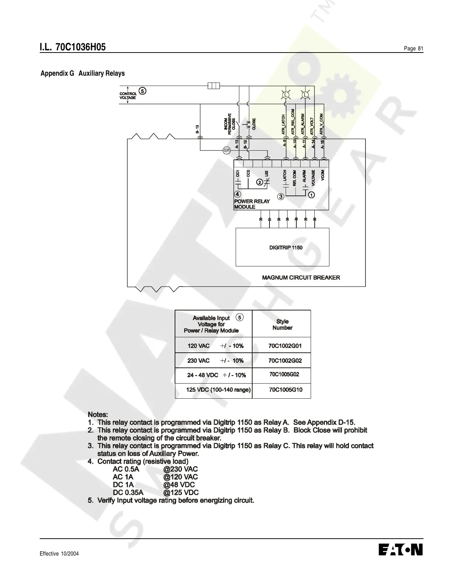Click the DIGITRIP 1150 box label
pos(286,248)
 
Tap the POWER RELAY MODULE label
pos(252,204)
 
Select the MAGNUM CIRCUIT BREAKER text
pos(301,277)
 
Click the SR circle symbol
pos(226,150)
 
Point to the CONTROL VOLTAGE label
pos(128,96)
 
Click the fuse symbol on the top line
pos(214,86)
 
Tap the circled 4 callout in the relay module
pos(238,194)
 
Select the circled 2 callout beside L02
pos(260,182)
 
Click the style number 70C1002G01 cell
pos(285,346)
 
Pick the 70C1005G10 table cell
pos(286,389)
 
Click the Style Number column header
pos(282,324)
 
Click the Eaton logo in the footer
pos(400,550)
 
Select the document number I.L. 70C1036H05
pos(73,47)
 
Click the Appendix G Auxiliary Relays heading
pos(82,73)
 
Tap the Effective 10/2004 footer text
pos(59,554)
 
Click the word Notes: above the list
pos(98,414)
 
